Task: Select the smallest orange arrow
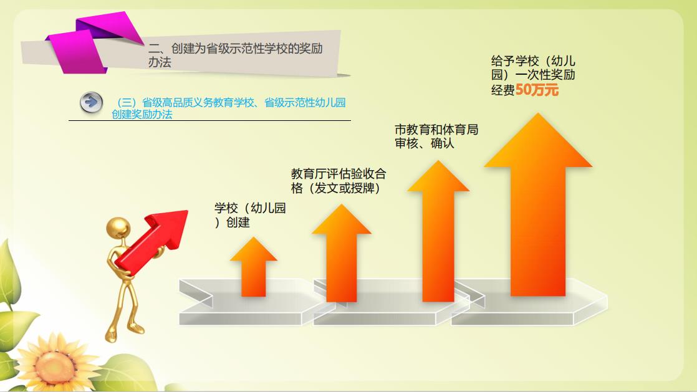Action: pyautogui.click(x=253, y=267)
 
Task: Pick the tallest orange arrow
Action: pyautogui.click(x=538, y=204)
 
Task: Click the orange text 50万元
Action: pyautogui.click(x=537, y=90)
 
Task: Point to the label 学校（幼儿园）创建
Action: pyautogui.click(x=250, y=215)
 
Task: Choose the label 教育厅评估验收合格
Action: pyautogui.click(x=339, y=181)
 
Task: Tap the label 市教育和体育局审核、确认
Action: pyautogui.click(x=436, y=136)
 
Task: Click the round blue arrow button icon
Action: pyautogui.click(x=92, y=103)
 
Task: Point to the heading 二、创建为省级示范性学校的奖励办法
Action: pyautogui.click(x=236, y=55)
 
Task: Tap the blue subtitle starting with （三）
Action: pyautogui.click(x=228, y=108)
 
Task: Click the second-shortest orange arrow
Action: pyautogui.click(x=342, y=253)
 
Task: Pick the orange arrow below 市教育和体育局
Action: pyautogui.click(x=438, y=231)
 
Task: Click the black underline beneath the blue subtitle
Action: pyautogui.click(x=210, y=120)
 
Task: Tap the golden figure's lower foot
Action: pyautogui.click(x=111, y=337)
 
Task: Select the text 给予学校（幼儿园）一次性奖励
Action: pyautogui.click(x=534, y=67)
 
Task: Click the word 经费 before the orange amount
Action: pyautogui.click(x=503, y=90)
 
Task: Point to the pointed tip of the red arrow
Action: pyautogui.click(x=187, y=211)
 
